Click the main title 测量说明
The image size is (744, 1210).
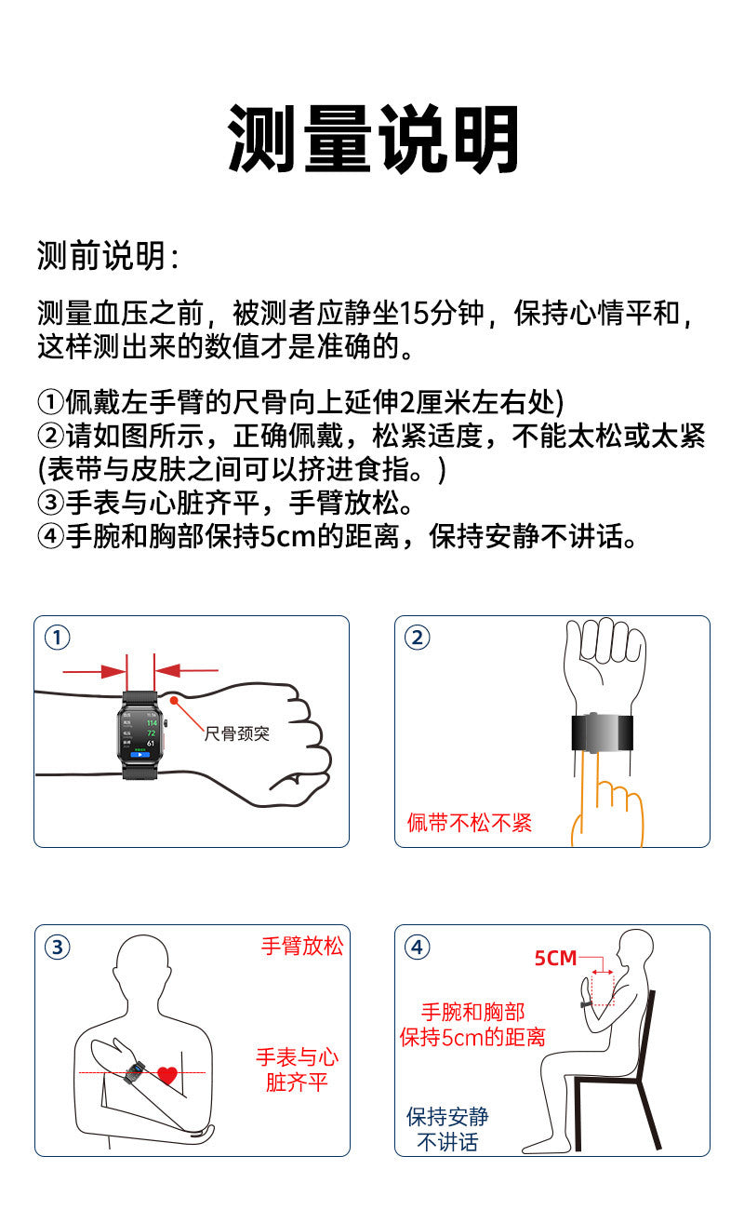(x=373, y=140)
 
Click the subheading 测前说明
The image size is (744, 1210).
(x=108, y=255)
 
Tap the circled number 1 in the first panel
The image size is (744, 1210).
(x=58, y=638)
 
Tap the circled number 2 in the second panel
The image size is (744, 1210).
(x=418, y=638)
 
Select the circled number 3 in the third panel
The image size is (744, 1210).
(x=58, y=948)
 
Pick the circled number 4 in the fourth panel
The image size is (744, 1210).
(x=418, y=948)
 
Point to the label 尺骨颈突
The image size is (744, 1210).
(x=237, y=733)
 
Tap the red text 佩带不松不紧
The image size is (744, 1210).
(x=470, y=823)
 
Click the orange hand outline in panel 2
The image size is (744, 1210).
(x=609, y=805)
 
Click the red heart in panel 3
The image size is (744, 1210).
(x=167, y=1075)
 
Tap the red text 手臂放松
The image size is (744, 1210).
(x=301, y=947)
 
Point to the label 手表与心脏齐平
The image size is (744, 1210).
(x=297, y=1069)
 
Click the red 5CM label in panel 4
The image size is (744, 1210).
(x=555, y=958)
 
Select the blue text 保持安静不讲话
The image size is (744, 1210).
(x=447, y=1129)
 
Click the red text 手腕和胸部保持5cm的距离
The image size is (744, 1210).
(x=472, y=1024)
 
